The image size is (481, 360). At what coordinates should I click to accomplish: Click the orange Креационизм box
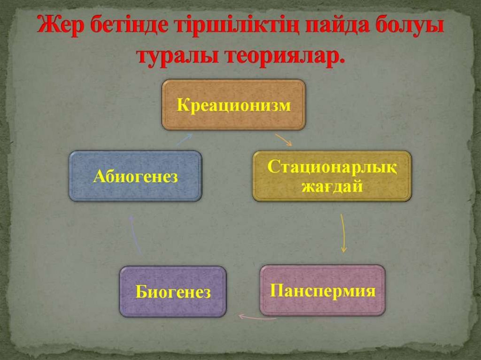pyautogui.click(x=233, y=104)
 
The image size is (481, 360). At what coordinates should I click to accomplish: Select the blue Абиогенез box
pyautogui.click(x=135, y=176)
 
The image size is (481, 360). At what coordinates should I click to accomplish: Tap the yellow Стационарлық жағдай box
pyautogui.click(x=332, y=176)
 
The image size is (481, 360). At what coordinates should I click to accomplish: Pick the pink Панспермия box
pyautogui.click(x=322, y=290)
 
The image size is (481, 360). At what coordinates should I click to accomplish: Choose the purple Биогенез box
pyautogui.click(x=173, y=291)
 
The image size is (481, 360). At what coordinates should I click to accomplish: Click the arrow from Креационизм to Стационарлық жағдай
pyautogui.click(x=283, y=139)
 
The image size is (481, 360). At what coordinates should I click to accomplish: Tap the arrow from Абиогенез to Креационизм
pyautogui.click(x=184, y=138)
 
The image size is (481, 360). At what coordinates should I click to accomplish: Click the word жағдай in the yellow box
pyautogui.click(x=332, y=186)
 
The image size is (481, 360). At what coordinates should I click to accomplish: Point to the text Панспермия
pyautogui.click(x=322, y=291)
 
